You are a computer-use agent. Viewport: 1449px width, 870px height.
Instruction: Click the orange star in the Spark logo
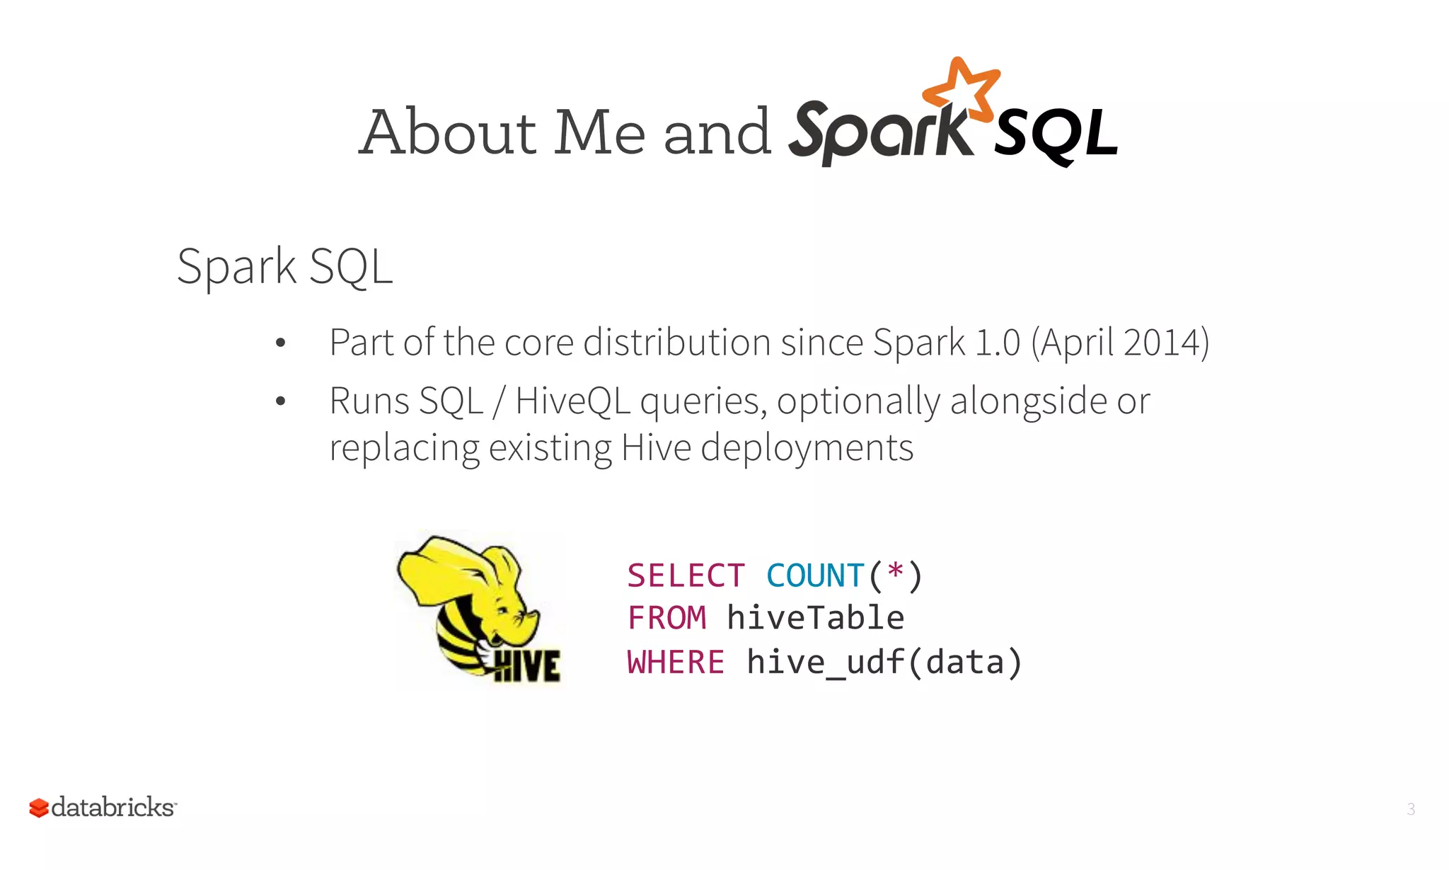[962, 89]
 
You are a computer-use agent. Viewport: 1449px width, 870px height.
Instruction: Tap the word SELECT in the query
[686, 576]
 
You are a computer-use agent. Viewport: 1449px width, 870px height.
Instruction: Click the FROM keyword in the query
[666, 618]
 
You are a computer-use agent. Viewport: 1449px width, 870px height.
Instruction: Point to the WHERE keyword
[676, 663]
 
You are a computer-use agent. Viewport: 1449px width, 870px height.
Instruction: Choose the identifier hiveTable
[815, 618]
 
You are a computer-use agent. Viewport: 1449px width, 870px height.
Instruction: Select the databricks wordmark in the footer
[113, 808]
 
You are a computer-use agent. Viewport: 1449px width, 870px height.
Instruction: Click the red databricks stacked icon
[39, 808]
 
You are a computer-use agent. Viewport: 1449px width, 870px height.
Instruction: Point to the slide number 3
[1411, 809]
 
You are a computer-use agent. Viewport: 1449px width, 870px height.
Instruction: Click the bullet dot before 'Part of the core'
[281, 343]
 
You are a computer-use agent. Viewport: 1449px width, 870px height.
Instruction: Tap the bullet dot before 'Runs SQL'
[281, 401]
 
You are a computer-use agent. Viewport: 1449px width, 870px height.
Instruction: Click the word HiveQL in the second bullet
[572, 401]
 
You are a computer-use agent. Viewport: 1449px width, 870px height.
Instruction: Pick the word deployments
[807, 448]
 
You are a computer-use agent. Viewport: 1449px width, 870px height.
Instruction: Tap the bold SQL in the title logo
[1056, 134]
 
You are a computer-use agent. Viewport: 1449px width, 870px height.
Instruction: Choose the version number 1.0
[997, 343]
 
